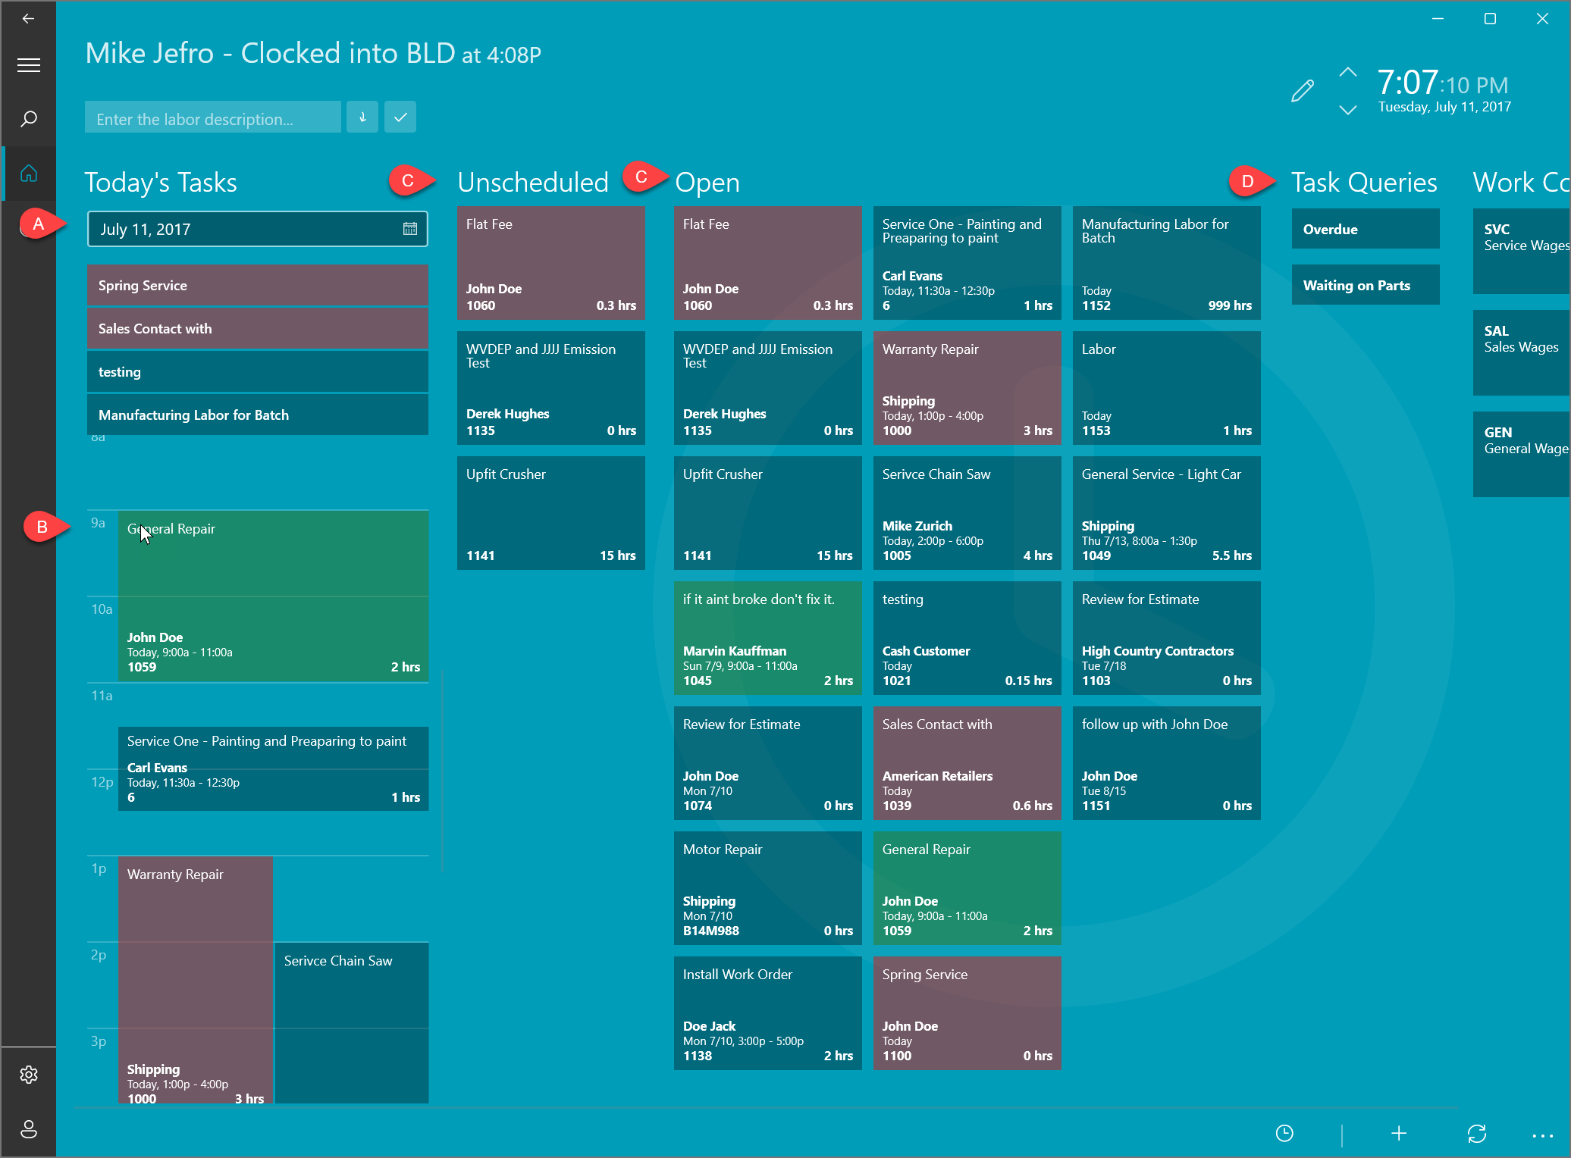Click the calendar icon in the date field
(409, 229)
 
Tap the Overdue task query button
(1365, 229)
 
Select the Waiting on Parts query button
(1365, 285)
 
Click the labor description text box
(212, 118)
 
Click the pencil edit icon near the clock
(1302, 91)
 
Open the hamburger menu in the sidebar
(29, 65)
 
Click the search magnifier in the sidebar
(29, 119)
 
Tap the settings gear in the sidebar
(29, 1075)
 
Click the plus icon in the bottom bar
(1399, 1133)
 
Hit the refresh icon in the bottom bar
(1476, 1133)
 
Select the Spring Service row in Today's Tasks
(258, 285)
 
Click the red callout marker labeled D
(1248, 181)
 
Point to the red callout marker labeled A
(38, 224)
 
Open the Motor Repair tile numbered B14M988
(767, 887)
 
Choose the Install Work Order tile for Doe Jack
(767, 1012)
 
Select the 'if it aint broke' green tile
(767, 637)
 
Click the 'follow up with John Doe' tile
(1166, 762)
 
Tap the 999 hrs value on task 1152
(1229, 305)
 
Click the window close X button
(1542, 19)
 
